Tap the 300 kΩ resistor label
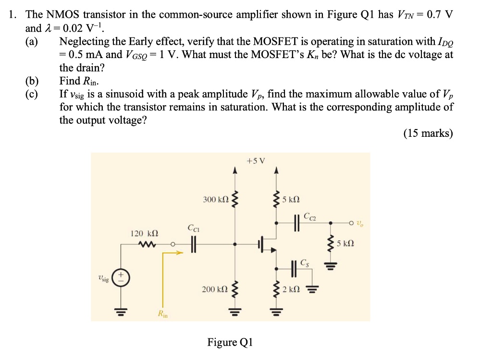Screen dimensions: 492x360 point(215,199)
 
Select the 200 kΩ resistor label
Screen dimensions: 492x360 point(215,289)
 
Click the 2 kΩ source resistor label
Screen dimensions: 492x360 point(292,289)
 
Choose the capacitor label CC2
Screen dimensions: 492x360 point(310,219)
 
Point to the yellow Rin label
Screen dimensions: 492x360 point(161,315)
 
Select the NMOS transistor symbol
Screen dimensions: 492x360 point(266,244)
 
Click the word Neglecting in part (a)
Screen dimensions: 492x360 point(84,42)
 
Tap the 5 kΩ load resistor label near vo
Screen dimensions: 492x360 point(345,244)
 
